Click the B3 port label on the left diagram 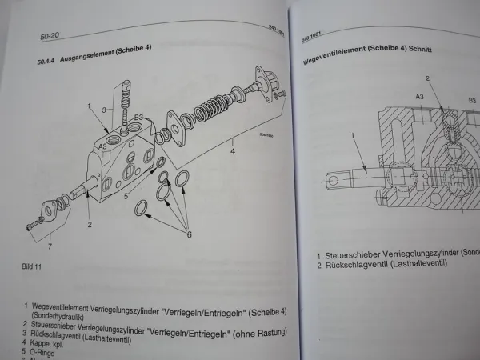pos(138,118)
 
